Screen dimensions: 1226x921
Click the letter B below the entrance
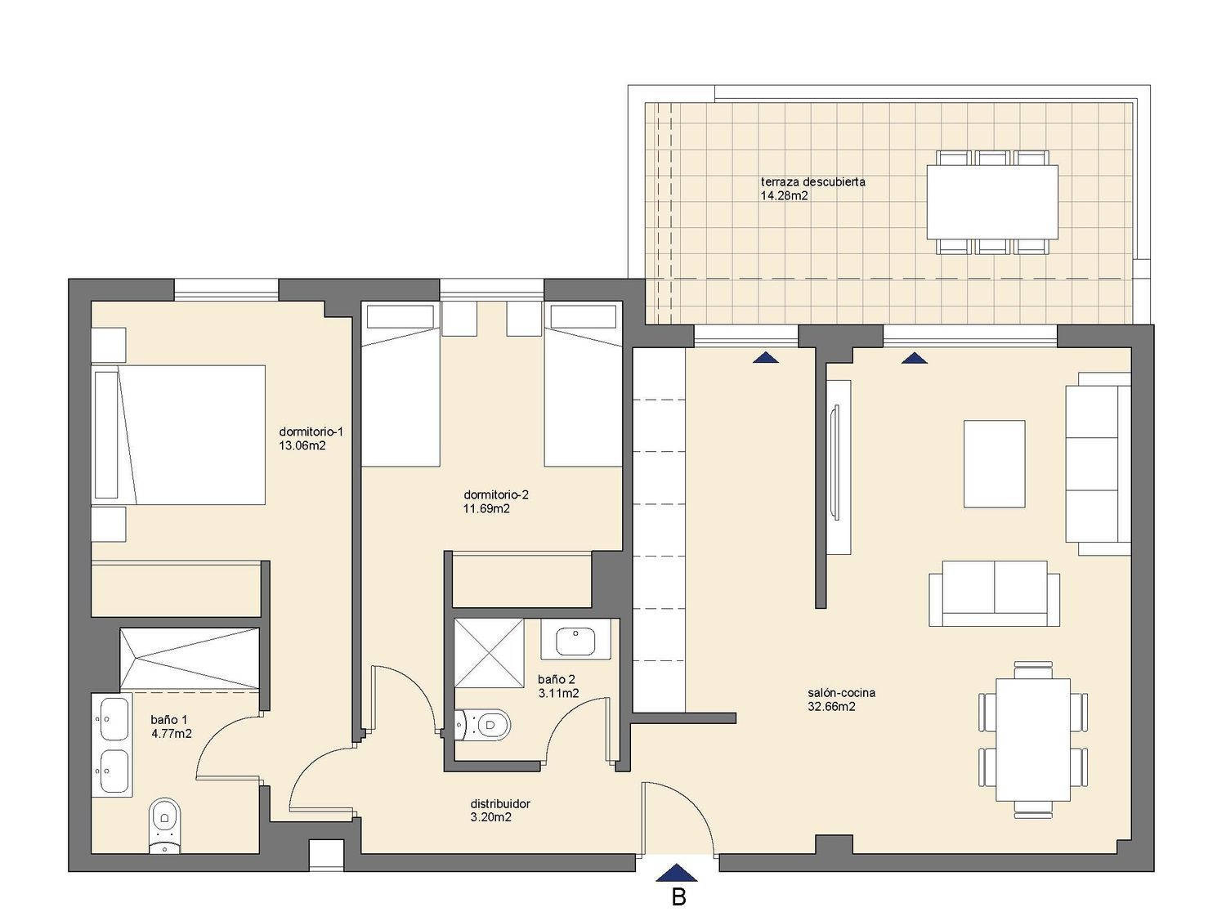(678, 897)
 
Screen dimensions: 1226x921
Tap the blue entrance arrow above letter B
(677, 873)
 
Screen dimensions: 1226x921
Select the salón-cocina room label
(841, 693)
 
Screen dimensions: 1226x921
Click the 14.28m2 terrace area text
(784, 195)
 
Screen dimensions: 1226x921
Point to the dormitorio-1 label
(311, 431)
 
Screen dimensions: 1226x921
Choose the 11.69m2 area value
(486, 508)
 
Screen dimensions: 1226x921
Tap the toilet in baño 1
(165, 825)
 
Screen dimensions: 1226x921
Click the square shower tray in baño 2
(489, 652)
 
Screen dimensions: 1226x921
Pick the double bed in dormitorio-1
(178, 435)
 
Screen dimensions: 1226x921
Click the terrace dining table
(992, 202)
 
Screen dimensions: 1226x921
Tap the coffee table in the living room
(994, 463)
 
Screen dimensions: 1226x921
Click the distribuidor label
(500, 803)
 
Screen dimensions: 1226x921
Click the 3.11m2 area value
(558, 693)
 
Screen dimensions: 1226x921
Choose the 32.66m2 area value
(832, 707)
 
